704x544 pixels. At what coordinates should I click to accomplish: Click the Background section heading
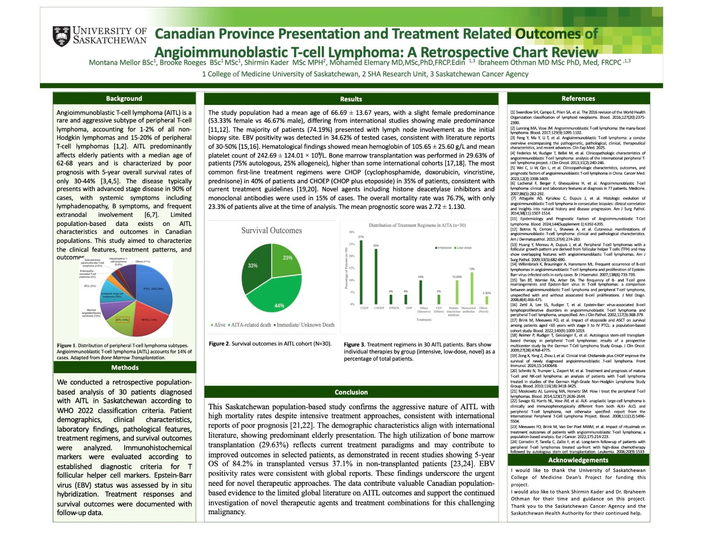[x=124, y=99]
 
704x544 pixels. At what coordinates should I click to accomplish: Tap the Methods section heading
[x=125, y=368]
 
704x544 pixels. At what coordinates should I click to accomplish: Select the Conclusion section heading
[x=351, y=392]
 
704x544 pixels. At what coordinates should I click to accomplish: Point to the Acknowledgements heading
[x=578, y=460]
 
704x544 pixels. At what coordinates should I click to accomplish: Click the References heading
[x=578, y=99]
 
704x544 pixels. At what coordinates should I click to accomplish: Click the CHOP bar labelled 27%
[x=361, y=272]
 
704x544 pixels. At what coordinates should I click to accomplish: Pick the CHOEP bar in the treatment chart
[x=376, y=276]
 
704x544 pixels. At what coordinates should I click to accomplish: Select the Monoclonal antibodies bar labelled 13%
[x=472, y=288]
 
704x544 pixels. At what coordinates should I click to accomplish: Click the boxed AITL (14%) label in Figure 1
[x=122, y=320]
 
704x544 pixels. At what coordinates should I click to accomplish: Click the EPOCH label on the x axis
[x=394, y=308]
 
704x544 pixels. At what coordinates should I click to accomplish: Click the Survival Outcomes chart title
[x=271, y=231]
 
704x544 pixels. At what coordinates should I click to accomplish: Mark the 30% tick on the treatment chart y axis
[x=352, y=232]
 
